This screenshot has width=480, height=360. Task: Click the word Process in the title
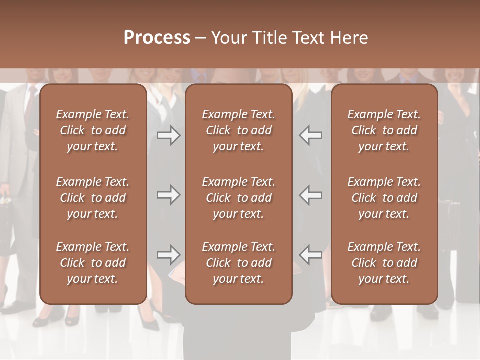pyautogui.click(x=157, y=37)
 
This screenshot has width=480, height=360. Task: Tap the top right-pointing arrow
pyautogui.click(x=168, y=135)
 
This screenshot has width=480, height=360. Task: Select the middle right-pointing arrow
pyautogui.click(x=168, y=195)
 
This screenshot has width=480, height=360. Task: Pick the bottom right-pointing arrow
pyautogui.click(x=168, y=255)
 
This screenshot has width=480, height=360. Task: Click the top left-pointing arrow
pyautogui.click(x=311, y=135)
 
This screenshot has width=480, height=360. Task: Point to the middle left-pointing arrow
pyautogui.click(x=311, y=195)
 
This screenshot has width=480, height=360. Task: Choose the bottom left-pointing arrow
pyautogui.click(x=311, y=255)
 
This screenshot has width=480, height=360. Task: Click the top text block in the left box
pyautogui.click(x=93, y=130)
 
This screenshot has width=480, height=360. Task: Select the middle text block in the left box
pyautogui.click(x=93, y=198)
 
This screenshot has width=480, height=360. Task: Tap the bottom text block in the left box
pyautogui.click(x=93, y=263)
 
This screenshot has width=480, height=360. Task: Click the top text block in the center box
pyautogui.click(x=238, y=130)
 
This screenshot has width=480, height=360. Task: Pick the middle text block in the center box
pyautogui.click(x=238, y=198)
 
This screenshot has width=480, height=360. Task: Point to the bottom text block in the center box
pyautogui.click(x=238, y=263)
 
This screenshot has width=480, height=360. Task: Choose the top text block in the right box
pyautogui.click(x=384, y=130)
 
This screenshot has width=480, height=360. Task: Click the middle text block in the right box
pyautogui.click(x=384, y=198)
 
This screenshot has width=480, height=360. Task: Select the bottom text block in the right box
pyautogui.click(x=384, y=263)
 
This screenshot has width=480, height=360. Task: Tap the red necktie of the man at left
pyautogui.click(x=31, y=105)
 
